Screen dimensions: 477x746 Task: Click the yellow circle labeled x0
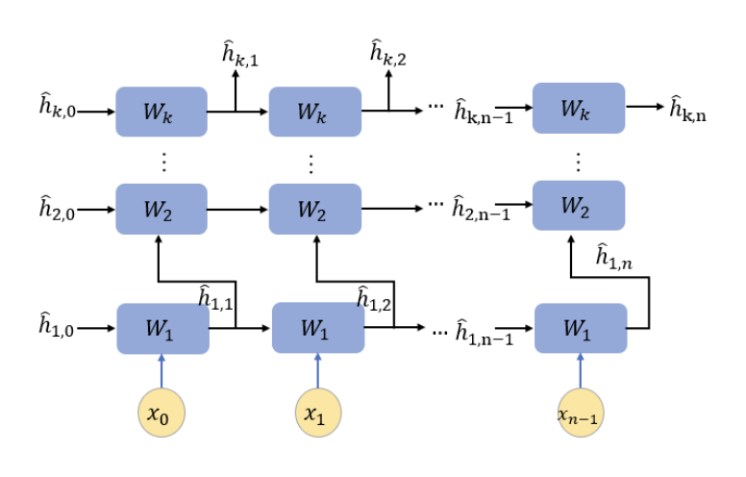(x=161, y=414)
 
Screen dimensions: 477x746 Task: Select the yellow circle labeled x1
(x=317, y=414)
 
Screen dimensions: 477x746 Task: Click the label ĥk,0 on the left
(x=55, y=110)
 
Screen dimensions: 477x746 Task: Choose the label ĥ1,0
(x=55, y=327)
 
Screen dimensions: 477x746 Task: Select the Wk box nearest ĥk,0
(x=161, y=111)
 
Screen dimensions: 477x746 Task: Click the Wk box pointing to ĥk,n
(x=577, y=110)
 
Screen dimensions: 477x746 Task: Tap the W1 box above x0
(x=161, y=328)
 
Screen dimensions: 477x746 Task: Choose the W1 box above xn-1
(x=580, y=328)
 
